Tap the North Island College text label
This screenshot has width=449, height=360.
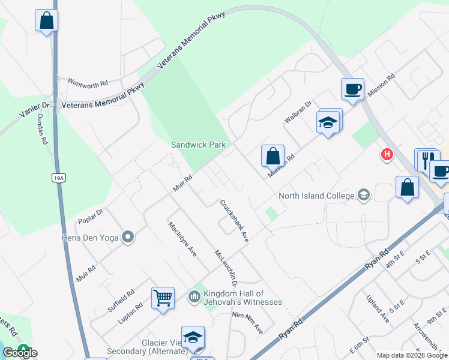pos(316,195)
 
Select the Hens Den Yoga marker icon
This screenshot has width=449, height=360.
pos(128,237)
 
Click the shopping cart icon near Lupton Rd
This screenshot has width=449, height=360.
pos(163,298)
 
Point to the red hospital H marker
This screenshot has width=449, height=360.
pos(387,155)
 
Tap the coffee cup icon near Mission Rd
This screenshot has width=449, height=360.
pos(352,89)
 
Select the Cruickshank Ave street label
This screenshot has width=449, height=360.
pos(234,221)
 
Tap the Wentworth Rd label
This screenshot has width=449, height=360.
pos(88,82)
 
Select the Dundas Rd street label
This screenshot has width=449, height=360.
pos(42,131)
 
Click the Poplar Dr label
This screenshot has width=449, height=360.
pos(91,217)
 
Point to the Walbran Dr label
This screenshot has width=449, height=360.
pos(298,112)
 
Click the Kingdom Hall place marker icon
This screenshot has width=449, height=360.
pos(194,296)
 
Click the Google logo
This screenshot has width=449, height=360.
pos(19,353)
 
